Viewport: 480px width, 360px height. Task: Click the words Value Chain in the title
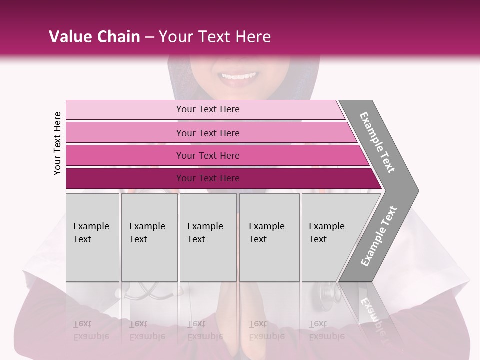point(94,37)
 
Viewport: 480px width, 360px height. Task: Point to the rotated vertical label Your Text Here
point(57,143)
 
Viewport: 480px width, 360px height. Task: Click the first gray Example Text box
point(92,237)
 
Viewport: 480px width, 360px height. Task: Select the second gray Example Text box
point(149,237)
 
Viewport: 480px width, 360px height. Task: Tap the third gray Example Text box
point(208,237)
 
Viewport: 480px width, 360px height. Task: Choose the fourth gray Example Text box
point(269,237)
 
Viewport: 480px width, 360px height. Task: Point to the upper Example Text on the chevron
point(378,142)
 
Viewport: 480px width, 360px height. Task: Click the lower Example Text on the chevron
point(379,236)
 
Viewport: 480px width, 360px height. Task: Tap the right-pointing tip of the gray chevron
point(416,190)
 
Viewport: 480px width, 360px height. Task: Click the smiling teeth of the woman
point(239,76)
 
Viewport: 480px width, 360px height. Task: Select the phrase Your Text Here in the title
point(215,37)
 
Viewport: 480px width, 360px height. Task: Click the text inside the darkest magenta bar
point(208,178)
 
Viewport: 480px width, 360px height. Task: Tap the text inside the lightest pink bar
point(208,109)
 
